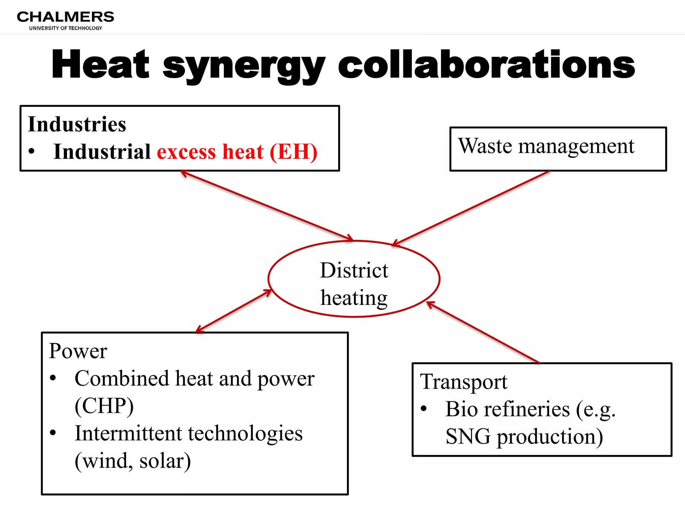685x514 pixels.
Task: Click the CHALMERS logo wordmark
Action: [66, 17]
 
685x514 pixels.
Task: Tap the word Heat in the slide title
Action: [100, 64]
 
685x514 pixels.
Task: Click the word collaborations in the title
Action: [486, 64]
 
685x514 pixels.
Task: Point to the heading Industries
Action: [77, 124]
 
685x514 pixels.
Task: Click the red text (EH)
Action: [293, 152]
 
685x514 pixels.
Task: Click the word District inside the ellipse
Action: [354, 270]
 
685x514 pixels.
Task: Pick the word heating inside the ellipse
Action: [354, 298]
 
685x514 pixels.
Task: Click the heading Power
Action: [78, 351]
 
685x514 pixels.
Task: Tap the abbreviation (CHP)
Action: [104, 406]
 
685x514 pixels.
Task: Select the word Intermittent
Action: [128, 433]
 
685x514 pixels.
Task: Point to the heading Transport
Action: [464, 382]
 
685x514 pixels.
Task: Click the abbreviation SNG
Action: [468, 437]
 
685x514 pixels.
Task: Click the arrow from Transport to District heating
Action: [483, 333]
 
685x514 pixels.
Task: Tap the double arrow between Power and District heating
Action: [233, 311]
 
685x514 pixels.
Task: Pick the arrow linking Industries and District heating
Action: [267, 205]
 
